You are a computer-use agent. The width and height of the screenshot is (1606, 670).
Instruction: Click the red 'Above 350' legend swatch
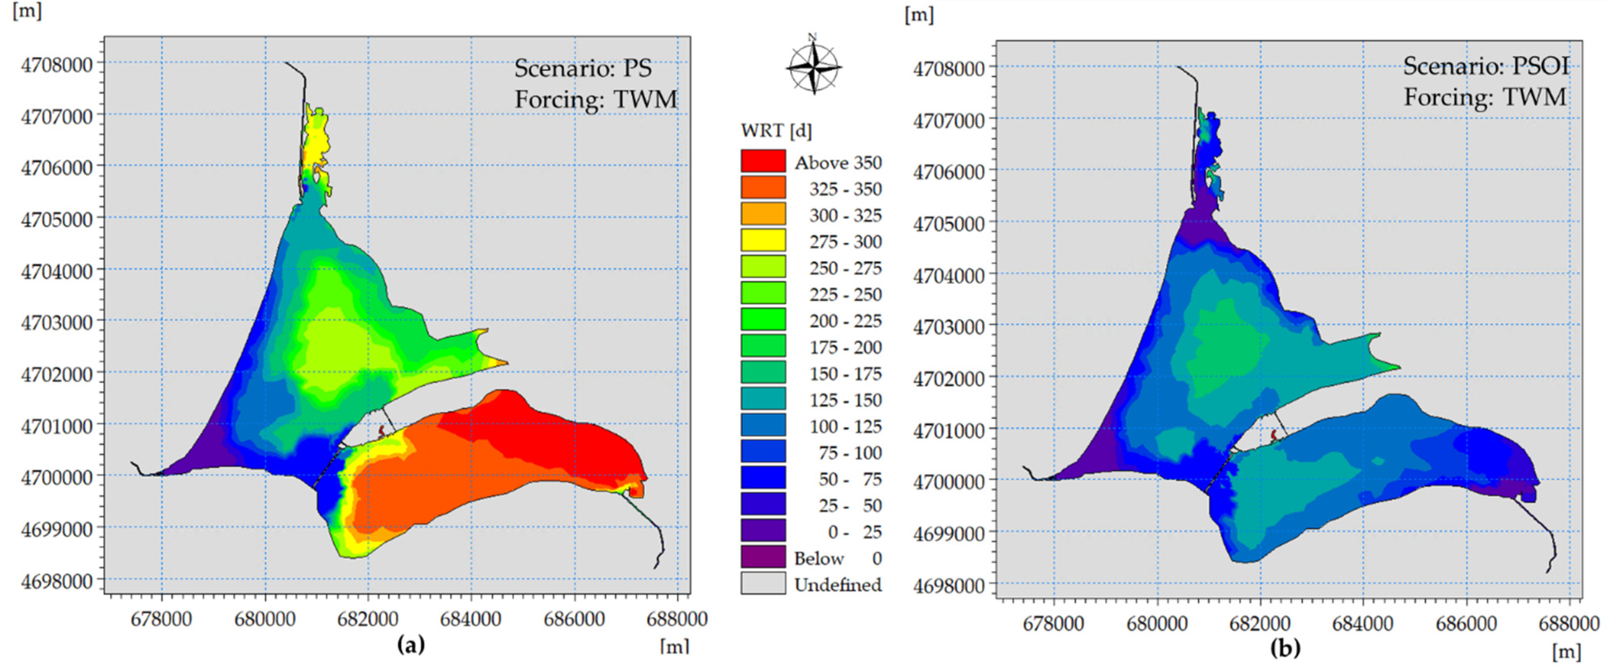point(763,161)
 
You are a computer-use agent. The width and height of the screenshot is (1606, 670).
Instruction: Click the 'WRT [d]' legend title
point(776,131)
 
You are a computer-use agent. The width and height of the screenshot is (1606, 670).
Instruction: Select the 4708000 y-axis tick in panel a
point(56,65)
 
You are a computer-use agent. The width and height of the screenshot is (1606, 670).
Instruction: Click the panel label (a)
point(411,644)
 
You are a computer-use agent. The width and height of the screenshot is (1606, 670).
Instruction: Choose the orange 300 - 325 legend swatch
point(763,215)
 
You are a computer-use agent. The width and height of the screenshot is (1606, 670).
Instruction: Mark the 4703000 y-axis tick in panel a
point(56,322)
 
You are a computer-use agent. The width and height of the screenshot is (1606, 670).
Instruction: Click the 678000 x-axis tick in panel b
point(1054,624)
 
